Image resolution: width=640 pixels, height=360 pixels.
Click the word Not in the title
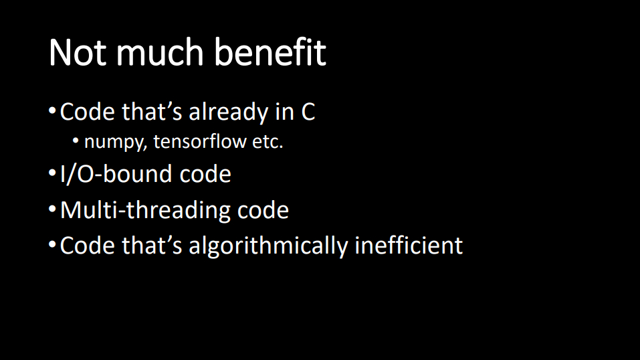[x=78, y=52]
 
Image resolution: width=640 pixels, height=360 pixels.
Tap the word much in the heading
[x=160, y=52]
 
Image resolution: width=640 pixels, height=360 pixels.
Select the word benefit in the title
[x=270, y=52]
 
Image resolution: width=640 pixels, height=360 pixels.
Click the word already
[x=228, y=112]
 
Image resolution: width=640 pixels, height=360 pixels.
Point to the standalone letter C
[x=308, y=112]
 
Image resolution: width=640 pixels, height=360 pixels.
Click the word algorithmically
[x=268, y=246]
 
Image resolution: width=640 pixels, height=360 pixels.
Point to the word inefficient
[x=409, y=245]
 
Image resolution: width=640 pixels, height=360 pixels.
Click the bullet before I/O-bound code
[x=52, y=173]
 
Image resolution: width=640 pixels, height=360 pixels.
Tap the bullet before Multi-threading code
[x=52, y=209]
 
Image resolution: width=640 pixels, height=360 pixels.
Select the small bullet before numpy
[x=76, y=141]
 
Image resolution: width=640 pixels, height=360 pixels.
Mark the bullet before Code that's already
[x=52, y=110]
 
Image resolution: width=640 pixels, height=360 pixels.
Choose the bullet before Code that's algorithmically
[x=52, y=244]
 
